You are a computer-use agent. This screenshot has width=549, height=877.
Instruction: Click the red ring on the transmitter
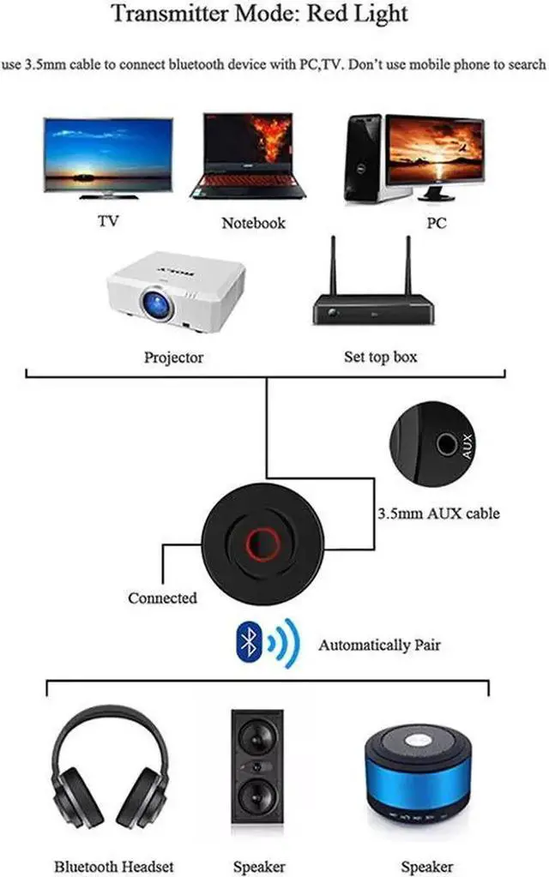coord(262,543)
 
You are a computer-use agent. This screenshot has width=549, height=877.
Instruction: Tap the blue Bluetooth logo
coord(249,643)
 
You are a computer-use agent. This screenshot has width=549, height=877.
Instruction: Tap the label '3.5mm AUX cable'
coord(437,514)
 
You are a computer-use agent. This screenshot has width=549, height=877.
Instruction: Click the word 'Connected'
coord(162,598)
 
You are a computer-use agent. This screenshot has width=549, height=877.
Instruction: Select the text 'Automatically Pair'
coord(379,644)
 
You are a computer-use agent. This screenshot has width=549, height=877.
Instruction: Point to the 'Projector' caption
coord(174,357)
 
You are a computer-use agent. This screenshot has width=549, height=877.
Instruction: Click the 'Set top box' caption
coord(380,356)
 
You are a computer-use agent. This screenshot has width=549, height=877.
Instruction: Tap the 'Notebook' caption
coord(253,223)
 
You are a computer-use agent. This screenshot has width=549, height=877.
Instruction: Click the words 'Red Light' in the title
coord(359,15)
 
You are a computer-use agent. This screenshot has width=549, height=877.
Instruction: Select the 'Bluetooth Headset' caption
coord(113,866)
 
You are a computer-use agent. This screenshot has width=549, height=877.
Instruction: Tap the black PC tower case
coord(363,159)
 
